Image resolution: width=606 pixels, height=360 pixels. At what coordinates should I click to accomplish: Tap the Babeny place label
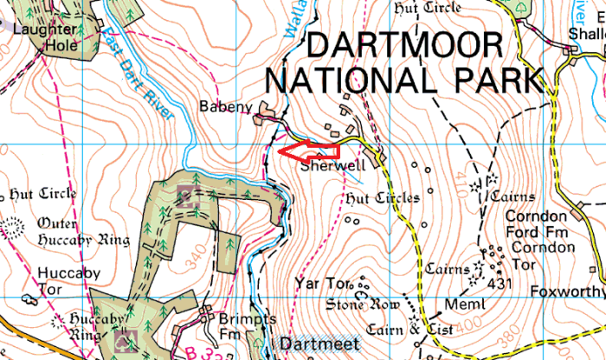point(229,108)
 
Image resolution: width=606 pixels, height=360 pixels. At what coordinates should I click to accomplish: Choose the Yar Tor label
point(319,283)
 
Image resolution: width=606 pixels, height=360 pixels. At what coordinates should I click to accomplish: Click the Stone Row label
point(364,305)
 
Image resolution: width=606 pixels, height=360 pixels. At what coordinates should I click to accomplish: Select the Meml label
point(461,304)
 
